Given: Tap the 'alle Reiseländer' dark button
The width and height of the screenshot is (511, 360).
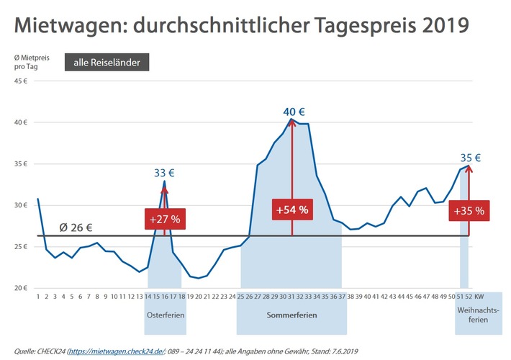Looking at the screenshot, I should point(107,63).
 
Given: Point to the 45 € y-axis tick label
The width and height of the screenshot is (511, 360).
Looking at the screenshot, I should point(23,81).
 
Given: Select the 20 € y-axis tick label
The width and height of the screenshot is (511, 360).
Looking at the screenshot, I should point(23,288).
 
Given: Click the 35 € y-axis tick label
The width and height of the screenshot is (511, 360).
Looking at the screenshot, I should point(23,163).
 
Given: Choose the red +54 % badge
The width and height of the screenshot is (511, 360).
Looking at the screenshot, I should point(291,210).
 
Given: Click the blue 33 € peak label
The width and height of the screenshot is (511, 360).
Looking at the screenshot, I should point(164,173).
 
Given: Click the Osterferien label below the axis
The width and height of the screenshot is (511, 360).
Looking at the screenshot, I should point(165,315).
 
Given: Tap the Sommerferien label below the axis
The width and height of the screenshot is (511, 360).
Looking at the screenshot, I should point(292,315).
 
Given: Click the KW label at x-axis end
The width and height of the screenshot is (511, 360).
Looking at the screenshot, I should point(489,296).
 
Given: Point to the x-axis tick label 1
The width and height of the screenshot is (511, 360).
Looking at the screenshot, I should point(37,296).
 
